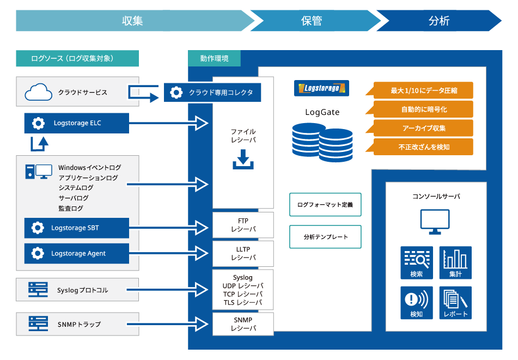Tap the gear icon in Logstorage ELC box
pyautogui.click(x=38, y=123)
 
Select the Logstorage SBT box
pyautogui.click(x=77, y=228)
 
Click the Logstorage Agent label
pyautogui.click(x=78, y=253)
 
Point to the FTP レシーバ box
pyautogui.click(x=243, y=225)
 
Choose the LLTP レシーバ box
pyautogui.click(x=243, y=253)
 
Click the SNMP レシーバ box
pyautogui.click(x=243, y=324)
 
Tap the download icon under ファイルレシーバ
pyautogui.click(x=243, y=159)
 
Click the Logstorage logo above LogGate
pyautogui.click(x=321, y=88)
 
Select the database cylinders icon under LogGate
pyautogui.click(x=322, y=142)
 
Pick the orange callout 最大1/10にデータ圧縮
pyautogui.click(x=419, y=90)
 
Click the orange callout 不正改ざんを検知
pyautogui.click(x=419, y=147)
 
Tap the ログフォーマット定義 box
pyautogui.click(x=325, y=205)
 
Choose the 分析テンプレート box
pyautogui.click(x=325, y=237)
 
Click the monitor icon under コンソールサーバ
pyautogui.click(x=435, y=222)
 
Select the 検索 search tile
pyautogui.click(x=417, y=263)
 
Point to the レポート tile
pyautogui.click(x=455, y=302)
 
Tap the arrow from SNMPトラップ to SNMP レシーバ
pyautogui.click(x=167, y=324)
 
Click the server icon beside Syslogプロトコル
pyautogui.click(x=38, y=290)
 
